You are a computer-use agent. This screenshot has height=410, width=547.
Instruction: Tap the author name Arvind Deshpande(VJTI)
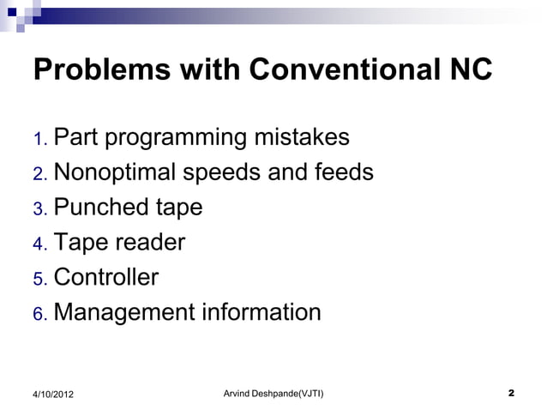pos(273,393)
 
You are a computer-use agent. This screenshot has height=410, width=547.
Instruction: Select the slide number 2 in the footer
pos(511,393)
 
